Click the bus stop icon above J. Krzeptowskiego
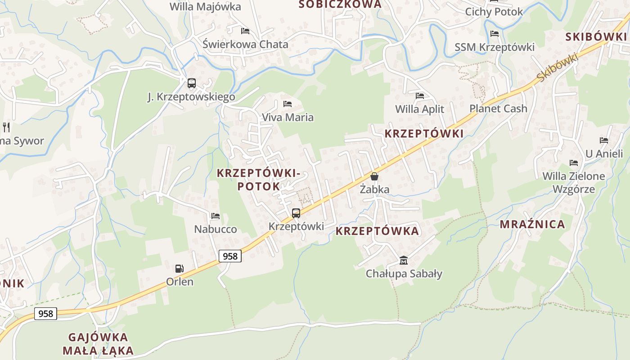pyautogui.click(x=192, y=83)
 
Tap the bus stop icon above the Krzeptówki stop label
pyautogui.click(x=296, y=213)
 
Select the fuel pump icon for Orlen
pyautogui.click(x=180, y=269)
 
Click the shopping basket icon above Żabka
pyautogui.click(x=374, y=176)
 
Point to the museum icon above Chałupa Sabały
pyautogui.click(x=404, y=261)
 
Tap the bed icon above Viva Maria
pyautogui.click(x=288, y=104)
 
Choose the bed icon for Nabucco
pyautogui.click(x=216, y=216)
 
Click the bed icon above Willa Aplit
pyautogui.click(x=420, y=96)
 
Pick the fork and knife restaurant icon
pyautogui.click(x=6, y=127)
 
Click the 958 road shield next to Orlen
pyautogui.click(x=230, y=256)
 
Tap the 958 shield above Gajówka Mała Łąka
pyautogui.click(x=46, y=313)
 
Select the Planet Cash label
pyautogui.click(x=498, y=108)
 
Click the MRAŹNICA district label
pyautogui.click(x=532, y=224)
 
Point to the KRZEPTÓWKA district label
pyautogui.click(x=377, y=231)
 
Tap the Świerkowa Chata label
pyautogui.click(x=245, y=45)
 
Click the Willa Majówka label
pyautogui.click(x=205, y=7)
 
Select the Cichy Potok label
pyautogui.click(x=494, y=12)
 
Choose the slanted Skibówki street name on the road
pyautogui.click(x=557, y=67)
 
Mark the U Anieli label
pyautogui.click(x=604, y=154)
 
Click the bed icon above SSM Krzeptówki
pyautogui.click(x=495, y=34)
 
